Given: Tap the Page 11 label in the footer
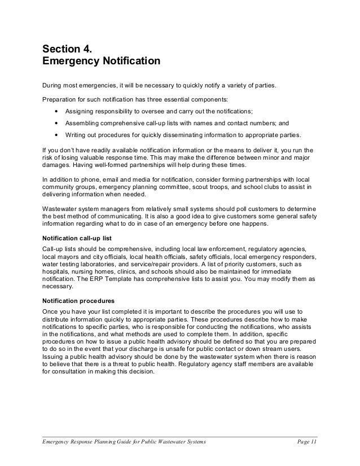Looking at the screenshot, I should tap(307, 442).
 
